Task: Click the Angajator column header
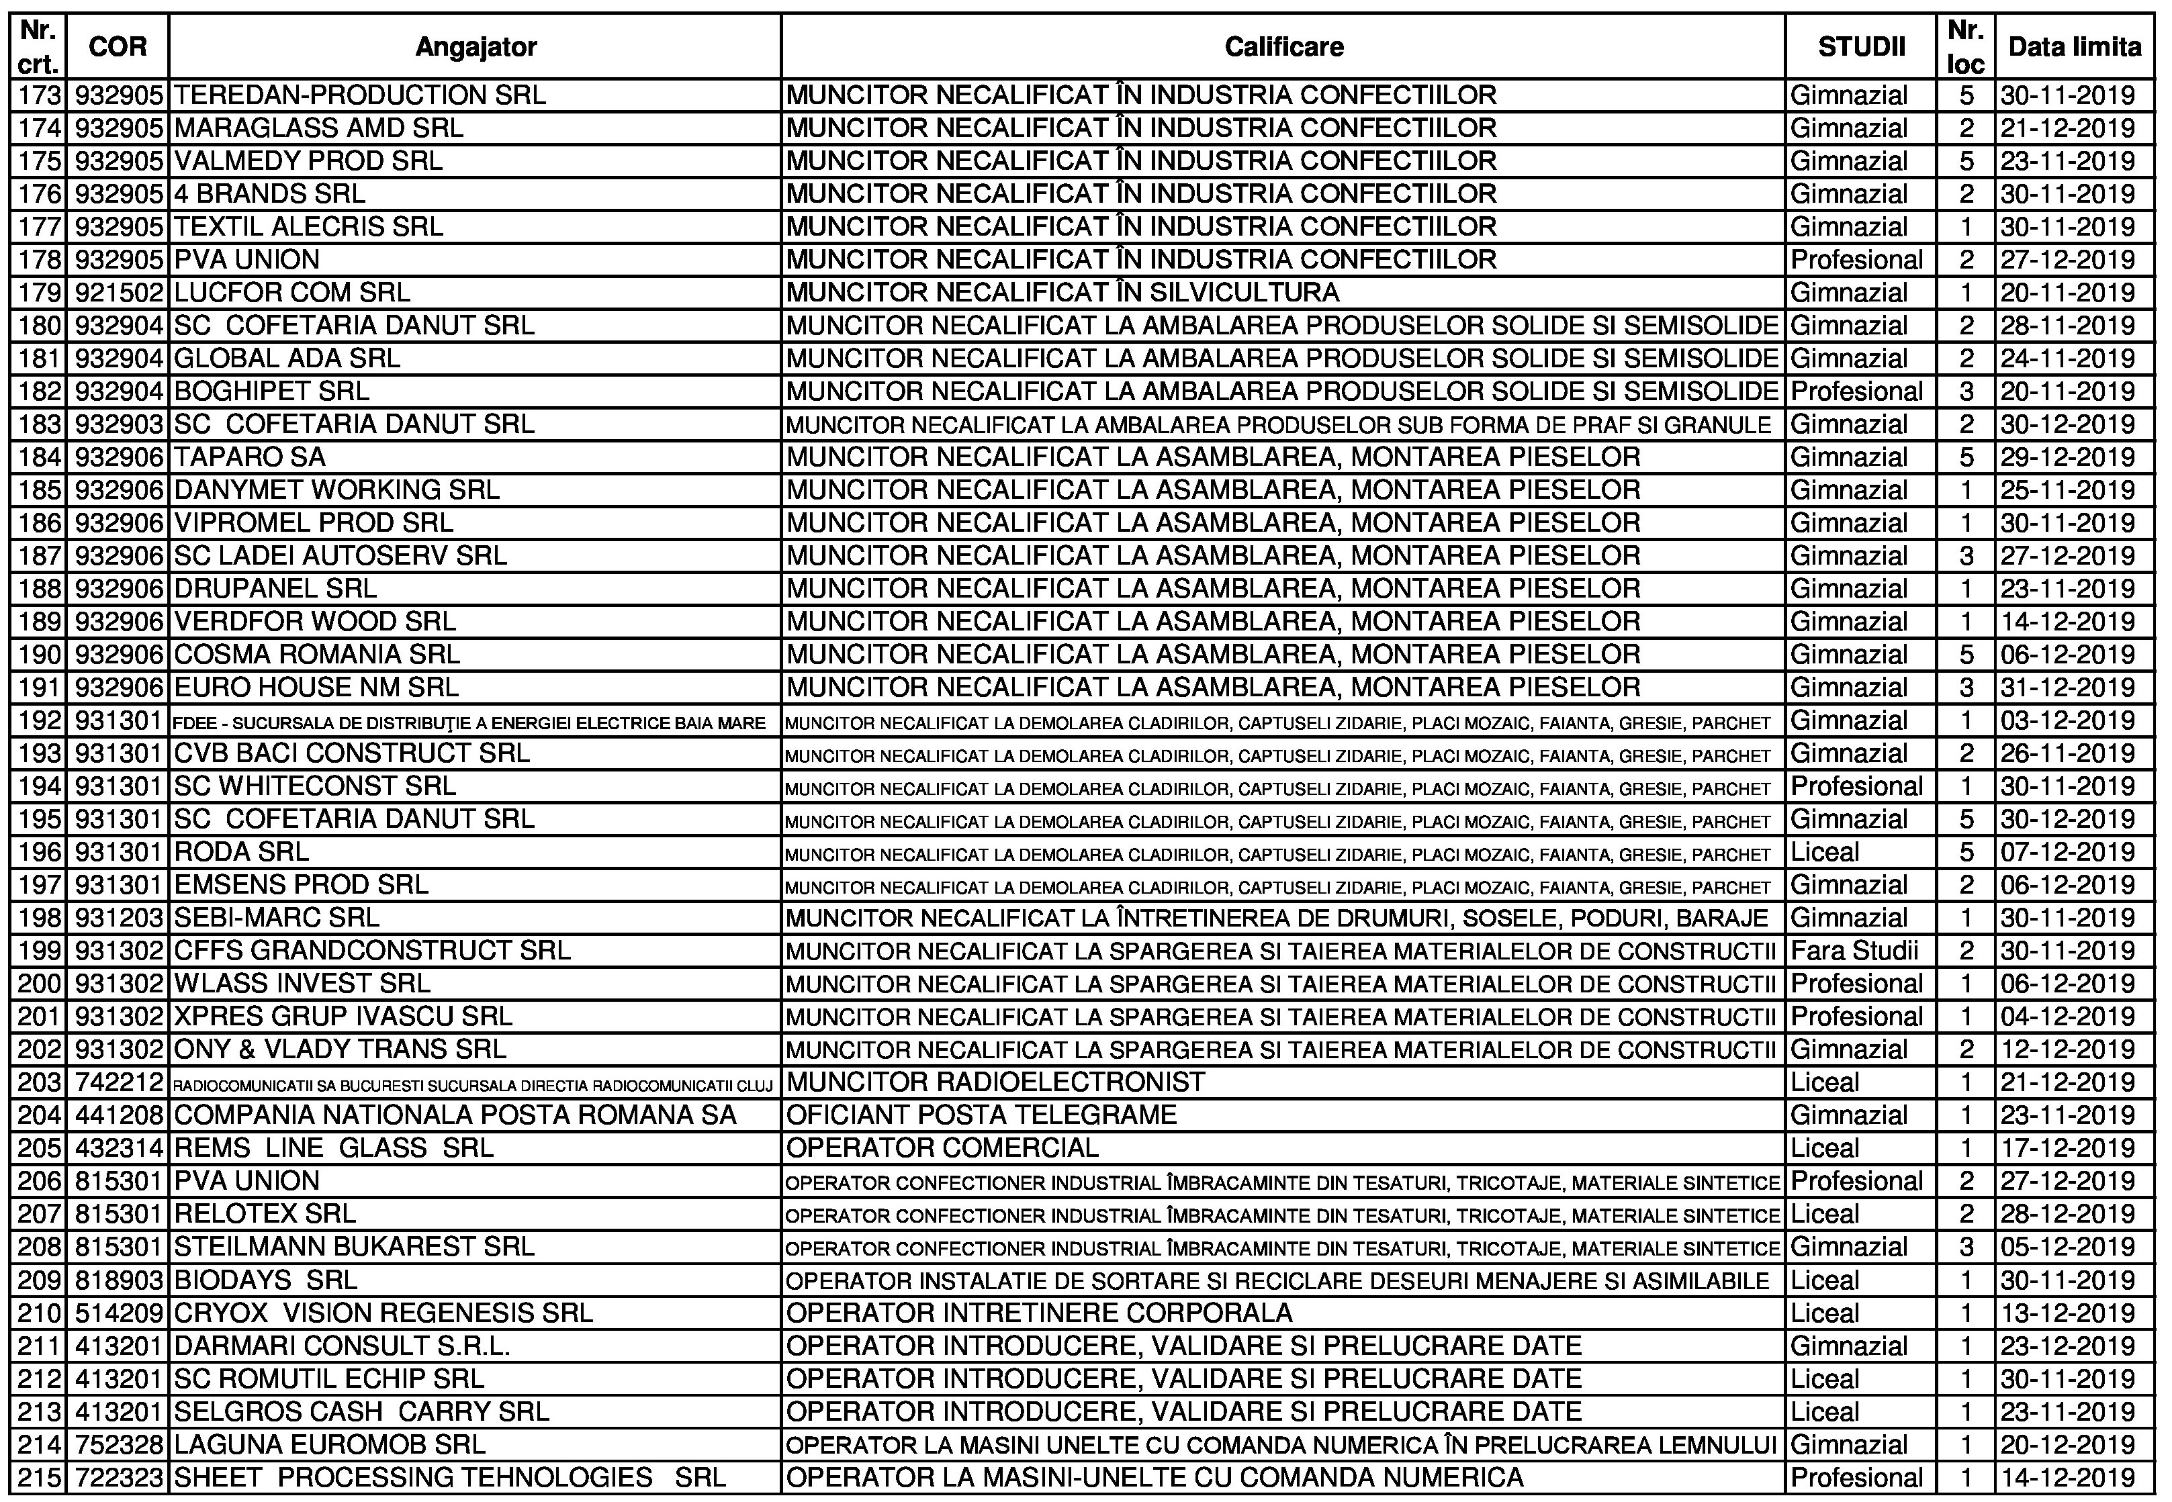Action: point(476,47)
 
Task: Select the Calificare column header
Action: point(1283,47)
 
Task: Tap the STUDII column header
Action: point(1860,47)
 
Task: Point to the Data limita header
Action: point(2074,47)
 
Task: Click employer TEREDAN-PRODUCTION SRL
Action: point(359,96)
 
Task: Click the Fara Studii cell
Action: point(1854,951)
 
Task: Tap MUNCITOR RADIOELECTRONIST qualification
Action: point(995,1082)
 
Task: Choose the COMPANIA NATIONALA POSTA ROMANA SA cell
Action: point(455,1115)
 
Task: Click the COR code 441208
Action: point(119,1115)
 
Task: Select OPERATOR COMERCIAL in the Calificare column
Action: point(942,1148)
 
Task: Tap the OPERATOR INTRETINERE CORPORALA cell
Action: point(1039,1313)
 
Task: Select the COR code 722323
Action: point(119,1478)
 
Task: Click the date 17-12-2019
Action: point(2067,1148)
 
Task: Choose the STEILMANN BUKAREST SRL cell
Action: point(354,1247)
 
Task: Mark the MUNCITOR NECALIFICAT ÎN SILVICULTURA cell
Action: point(1062,293)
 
